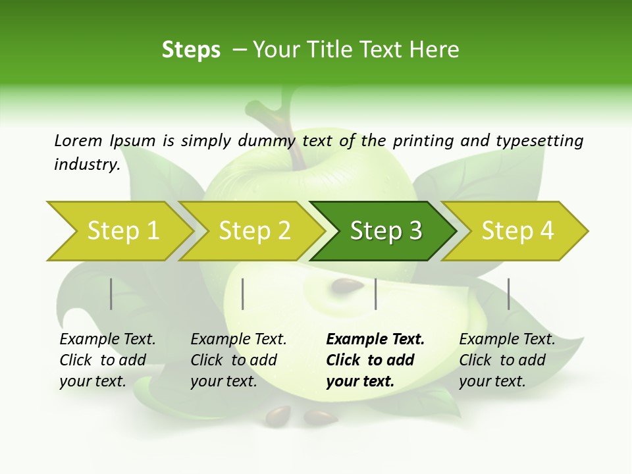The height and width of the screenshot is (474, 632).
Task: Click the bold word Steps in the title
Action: [191, 50]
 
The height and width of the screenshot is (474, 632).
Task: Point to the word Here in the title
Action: [434, 50]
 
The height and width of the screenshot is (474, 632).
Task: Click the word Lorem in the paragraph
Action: [78, 140]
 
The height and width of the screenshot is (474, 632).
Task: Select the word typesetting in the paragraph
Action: [539, 141]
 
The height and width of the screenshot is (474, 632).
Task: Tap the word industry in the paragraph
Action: [86, 165]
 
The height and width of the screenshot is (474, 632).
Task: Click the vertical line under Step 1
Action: [111, 294]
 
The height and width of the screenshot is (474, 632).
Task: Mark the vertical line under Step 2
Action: [243, 294]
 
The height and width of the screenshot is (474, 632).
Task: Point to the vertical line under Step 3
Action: [375, 294]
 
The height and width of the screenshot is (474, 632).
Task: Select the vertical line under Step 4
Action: [508, 294]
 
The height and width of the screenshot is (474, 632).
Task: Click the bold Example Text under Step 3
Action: [375, 340]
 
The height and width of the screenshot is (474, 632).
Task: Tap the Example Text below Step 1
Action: [107, 340]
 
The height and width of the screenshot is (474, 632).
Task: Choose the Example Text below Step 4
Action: [507, 340]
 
